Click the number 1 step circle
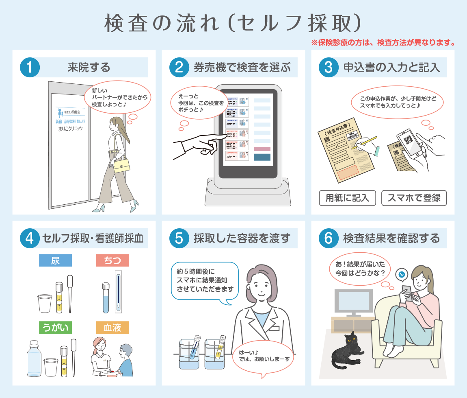(30, 67)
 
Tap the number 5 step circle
(179, 238)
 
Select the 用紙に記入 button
(347, 198)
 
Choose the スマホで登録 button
(414, 198)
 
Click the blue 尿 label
(55, 260)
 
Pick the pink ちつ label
(112, 260)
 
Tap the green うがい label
(55, 327)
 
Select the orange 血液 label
(112, 327)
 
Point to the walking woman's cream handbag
(122, 165)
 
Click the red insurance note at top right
(382, 42)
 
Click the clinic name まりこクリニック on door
(70, 129)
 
